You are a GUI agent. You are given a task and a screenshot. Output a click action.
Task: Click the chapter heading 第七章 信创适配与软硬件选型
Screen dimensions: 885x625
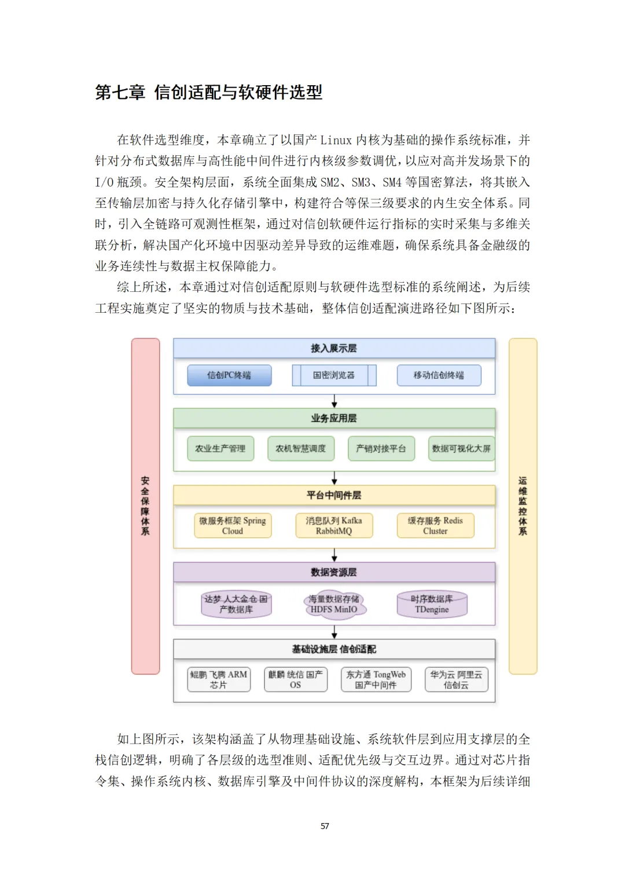(208, 92)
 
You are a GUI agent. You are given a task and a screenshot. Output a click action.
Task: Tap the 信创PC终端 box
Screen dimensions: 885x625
(229, 375)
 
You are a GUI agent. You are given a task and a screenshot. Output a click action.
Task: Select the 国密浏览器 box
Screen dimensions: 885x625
(334, 375)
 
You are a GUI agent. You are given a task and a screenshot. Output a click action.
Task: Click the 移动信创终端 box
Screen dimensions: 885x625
(439, 375)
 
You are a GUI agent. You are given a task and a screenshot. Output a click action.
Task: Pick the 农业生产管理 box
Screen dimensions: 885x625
(220, 448)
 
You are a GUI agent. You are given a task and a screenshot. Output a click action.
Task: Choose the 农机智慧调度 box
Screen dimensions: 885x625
(301, 448)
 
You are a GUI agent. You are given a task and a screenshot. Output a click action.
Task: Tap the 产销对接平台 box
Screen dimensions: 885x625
(381, 448)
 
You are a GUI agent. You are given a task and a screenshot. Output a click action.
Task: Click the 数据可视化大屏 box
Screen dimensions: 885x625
(461, 448)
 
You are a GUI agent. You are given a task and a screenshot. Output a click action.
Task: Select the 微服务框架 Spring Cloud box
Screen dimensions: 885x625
(233, 525)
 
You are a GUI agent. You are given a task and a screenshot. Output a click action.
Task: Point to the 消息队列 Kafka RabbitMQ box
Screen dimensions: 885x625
(334, 525)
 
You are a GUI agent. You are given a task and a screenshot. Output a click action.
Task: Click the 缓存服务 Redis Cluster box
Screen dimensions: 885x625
(435, 525)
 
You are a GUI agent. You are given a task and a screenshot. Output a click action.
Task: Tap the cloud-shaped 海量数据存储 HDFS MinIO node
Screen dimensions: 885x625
(334, 604)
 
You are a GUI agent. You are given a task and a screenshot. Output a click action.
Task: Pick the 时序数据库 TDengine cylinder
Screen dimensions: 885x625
(432, 604)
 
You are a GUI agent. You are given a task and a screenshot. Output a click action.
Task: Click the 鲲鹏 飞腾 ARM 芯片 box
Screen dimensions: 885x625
(219, 679)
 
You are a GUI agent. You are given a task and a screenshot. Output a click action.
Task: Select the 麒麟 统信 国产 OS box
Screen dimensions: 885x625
(296, 679)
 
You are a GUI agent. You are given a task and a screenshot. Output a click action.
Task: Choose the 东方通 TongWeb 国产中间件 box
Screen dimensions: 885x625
(376, 679)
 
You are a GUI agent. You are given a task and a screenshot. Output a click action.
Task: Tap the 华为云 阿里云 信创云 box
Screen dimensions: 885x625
(456, 679)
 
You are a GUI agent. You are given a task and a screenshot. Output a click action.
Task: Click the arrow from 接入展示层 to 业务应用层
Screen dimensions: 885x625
(334, 401)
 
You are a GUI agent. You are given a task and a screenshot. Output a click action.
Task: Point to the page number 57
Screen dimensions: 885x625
(325, 826)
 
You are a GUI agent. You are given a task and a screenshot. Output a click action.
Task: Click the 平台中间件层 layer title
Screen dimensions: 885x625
(334, 495)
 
